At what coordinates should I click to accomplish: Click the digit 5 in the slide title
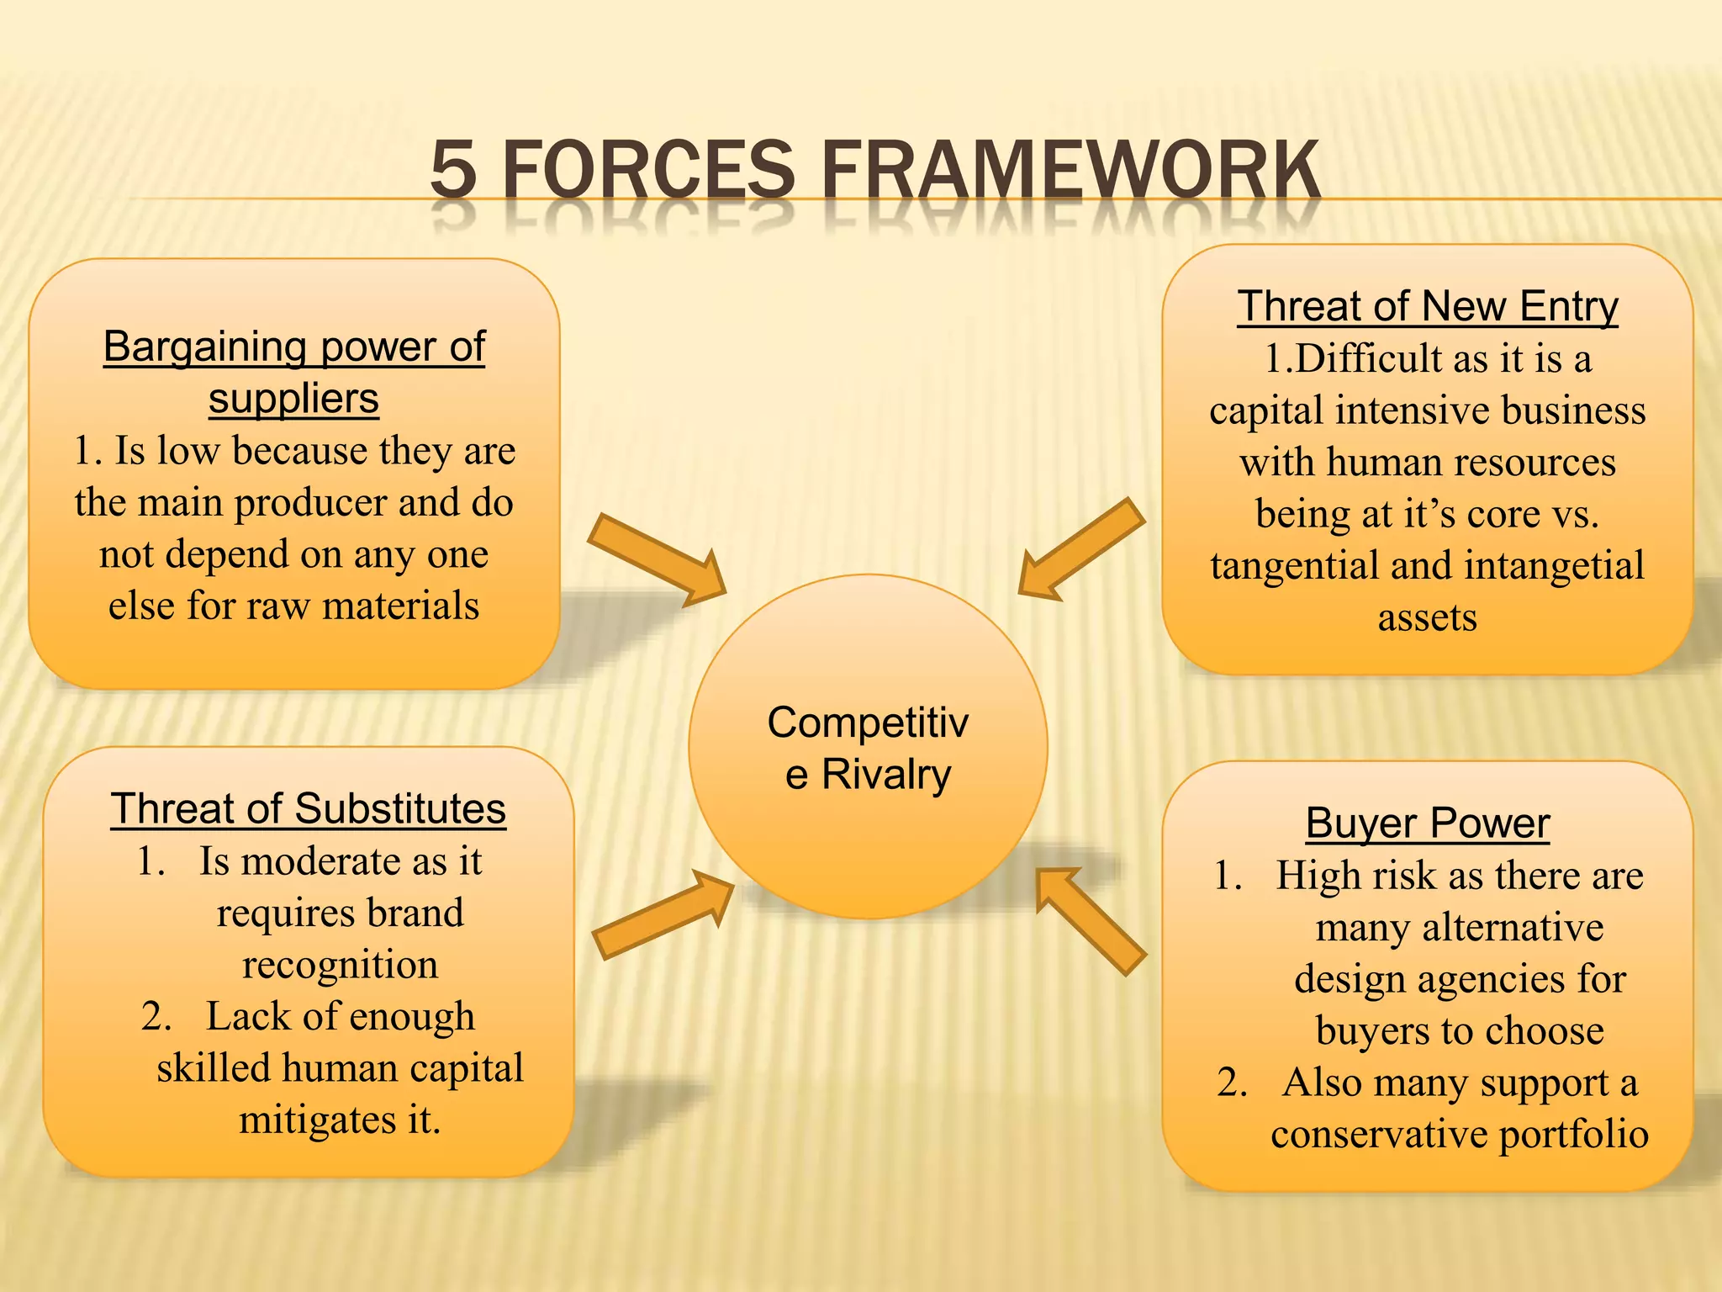tap(453, 171)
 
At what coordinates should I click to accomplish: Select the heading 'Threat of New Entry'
tap(1427, 306)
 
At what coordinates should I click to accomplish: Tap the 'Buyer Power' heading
tap(1427, 823)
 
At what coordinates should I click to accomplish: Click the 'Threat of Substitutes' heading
tap(308, 809)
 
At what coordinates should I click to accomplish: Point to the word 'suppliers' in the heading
tap(293, 399)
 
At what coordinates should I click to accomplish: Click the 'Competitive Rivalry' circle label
tap(868, 748)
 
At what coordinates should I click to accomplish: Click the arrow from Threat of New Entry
tap(1081, 549)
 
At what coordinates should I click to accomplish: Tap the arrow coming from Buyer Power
tap(1091, 920)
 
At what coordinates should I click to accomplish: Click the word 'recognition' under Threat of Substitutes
tap(340, 965)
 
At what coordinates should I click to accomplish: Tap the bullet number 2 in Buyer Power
tap(1231, 1083)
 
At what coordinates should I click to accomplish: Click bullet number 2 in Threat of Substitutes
tap(156, 1017)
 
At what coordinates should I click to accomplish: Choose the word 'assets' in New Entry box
tap(1427, 617)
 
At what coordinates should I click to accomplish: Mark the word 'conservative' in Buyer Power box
tap(1379, 1134)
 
